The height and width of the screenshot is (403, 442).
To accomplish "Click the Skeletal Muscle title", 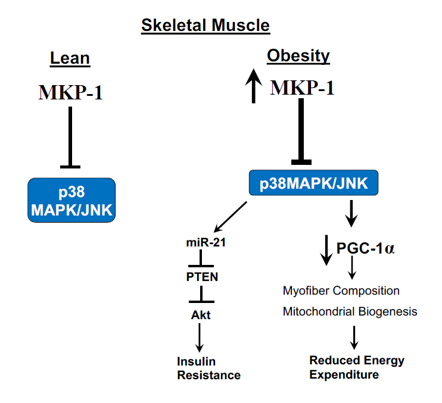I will point(205,26).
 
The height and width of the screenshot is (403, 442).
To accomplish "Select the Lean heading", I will point(70,58).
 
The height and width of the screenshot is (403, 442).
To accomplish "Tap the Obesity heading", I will point(298,56).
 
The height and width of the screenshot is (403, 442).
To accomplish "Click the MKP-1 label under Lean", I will point(70,92).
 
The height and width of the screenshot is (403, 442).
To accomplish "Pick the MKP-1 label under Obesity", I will point(302,88).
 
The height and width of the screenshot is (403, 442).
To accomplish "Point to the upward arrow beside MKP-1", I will point(254,85).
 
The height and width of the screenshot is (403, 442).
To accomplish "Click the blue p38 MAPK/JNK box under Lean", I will point(71,200).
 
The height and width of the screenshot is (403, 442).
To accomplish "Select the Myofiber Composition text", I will point(341,291).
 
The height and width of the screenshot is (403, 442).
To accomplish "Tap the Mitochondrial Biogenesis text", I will point(350,311).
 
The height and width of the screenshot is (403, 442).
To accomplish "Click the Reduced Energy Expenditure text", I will point(356,367).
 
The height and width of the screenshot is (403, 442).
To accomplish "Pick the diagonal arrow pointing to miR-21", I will point(229,217).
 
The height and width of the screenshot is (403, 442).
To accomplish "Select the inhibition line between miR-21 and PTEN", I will point(201,260).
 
